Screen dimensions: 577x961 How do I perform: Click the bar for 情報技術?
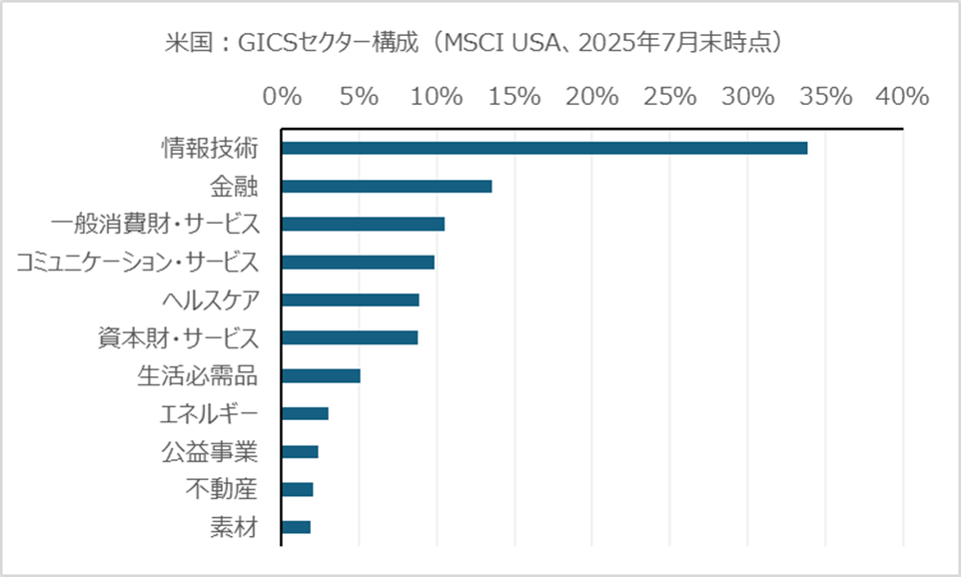pos(544,149)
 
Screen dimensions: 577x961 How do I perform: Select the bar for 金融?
pos(387,187)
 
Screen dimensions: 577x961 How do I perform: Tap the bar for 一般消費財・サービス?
pos(363,225)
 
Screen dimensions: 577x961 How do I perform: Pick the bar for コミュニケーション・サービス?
pos(358,263)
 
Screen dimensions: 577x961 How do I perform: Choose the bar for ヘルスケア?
pos(351,300)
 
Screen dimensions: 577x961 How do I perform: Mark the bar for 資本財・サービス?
pos(350,338)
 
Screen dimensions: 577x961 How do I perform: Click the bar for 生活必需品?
pos(321,376)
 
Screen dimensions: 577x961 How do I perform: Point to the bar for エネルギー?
pos(305,414)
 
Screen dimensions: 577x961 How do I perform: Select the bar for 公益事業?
pos(300,452)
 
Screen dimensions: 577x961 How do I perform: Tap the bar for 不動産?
pos(298,489)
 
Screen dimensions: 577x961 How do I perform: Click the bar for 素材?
pos(296,527)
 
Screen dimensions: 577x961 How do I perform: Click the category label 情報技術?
pos(210,149)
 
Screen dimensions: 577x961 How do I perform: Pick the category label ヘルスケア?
pos(210,300)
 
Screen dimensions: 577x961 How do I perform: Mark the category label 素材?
pos(234,527)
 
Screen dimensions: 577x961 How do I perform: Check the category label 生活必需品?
pos(197,376)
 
